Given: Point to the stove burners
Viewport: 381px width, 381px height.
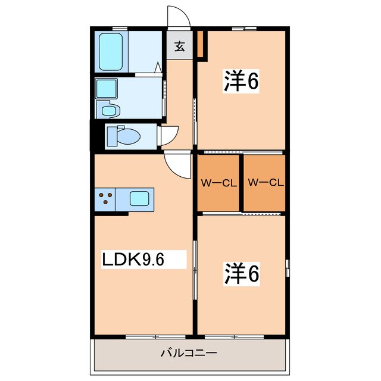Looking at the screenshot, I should coord(105,198).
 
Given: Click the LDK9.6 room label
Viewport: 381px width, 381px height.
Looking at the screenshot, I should coord(135,259).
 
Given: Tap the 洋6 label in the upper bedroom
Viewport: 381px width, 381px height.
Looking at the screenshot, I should coord(241,82).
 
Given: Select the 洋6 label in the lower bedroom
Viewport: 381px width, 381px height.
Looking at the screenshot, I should coord(241,273).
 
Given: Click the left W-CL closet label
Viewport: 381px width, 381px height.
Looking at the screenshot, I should coord(218,183).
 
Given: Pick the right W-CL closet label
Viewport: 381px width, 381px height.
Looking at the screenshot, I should coord(264,183).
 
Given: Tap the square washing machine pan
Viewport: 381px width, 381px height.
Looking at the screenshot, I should coord(109,89).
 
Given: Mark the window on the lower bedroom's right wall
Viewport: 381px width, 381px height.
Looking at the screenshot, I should coord(287,268).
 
